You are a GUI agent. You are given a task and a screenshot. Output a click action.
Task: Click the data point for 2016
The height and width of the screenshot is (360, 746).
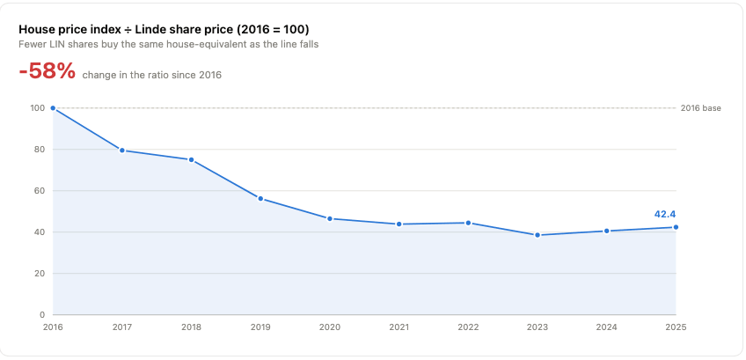[x=53, y=108]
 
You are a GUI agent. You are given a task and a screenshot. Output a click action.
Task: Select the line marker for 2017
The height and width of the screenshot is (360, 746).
[x=122, y=151]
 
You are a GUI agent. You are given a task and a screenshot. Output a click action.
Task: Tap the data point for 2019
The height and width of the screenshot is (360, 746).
[x=260, y=199]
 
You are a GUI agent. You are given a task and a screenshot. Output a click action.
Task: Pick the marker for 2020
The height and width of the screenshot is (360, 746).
[x=330, y=218]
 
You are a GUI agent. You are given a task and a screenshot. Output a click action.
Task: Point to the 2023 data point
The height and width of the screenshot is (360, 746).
[x=538, y=235]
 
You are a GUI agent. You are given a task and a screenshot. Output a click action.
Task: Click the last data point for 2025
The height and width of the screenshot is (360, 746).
[x=676, y=227]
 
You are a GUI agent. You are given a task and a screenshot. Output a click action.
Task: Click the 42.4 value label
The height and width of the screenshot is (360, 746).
[x=665, y=214]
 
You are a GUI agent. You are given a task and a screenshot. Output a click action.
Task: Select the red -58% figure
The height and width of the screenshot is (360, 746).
[x=48, y=71]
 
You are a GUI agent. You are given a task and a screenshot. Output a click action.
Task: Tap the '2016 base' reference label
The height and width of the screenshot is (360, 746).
[x=701, y=108]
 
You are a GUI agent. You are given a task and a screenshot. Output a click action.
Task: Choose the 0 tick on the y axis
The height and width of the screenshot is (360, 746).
[x=42, y=315]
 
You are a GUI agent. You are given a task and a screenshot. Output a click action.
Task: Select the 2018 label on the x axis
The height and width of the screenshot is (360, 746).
[x=191, y=327]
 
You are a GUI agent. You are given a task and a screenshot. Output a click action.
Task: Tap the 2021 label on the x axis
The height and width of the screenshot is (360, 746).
[x=399, y=327]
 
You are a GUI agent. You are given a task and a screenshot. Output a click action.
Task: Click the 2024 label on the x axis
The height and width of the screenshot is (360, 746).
[x=607, y=327]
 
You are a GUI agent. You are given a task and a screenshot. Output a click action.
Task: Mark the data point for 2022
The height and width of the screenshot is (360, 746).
[x=468, y=223]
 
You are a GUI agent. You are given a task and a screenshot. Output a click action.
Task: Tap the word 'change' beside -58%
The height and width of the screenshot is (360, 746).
[x=97, y=75]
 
